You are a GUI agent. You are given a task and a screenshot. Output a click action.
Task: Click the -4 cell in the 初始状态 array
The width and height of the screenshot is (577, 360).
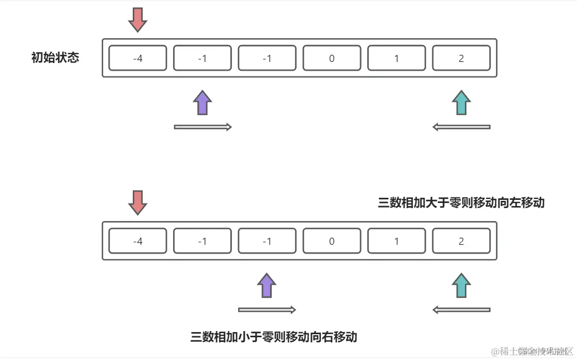click(x=137, y=58)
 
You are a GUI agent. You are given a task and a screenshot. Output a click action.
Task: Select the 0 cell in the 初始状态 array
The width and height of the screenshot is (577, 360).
click(x=332, y=58)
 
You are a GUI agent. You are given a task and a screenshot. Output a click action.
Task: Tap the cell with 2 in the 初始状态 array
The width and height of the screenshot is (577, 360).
click(x=461, y=58)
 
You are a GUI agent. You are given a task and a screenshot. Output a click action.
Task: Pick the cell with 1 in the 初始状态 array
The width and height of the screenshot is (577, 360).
click(x=396, y=58)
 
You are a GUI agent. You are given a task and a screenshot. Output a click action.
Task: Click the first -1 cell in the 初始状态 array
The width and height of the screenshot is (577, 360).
click(x=202, y=58)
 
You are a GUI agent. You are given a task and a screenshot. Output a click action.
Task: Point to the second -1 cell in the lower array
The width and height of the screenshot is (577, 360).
click(x=267, y=241)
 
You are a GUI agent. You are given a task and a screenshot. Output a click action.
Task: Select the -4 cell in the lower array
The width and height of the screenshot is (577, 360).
click(x=137, y=241)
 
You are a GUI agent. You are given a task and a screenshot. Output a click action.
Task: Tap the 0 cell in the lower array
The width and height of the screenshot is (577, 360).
click(x=332, y=241)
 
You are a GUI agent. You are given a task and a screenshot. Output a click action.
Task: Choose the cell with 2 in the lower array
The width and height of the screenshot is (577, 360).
click(x=461, y=241)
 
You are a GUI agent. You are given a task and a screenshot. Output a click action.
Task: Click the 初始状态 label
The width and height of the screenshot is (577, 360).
click(x=55, y=57)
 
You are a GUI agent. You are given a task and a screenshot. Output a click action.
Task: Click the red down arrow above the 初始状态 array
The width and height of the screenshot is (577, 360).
click(x=138, y=20)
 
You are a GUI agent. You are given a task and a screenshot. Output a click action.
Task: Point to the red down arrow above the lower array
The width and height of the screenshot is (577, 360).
click(x=138, y=202)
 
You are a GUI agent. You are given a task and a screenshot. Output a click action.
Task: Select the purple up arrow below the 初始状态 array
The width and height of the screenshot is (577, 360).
click(x=202, y=103)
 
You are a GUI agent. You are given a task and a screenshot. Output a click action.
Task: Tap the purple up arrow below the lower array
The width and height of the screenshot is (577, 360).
click(x=267, y=285)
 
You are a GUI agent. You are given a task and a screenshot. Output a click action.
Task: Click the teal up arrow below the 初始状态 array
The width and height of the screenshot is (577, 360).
click(x=461, y=103)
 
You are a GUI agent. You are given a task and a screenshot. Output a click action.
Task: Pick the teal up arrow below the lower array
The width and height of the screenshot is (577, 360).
click(x=461, y=285)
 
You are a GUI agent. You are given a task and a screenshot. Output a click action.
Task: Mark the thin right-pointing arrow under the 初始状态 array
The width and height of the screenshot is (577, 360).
click(x=202, y=127)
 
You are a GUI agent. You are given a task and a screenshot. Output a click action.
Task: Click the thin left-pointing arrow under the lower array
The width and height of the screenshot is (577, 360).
click(x=461, y=309)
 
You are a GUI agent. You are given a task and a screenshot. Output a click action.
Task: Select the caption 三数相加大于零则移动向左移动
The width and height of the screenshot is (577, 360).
click(x=461, y=202)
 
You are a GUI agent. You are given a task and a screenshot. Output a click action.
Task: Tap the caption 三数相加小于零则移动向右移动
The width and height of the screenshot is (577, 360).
click(x=274, y=337)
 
